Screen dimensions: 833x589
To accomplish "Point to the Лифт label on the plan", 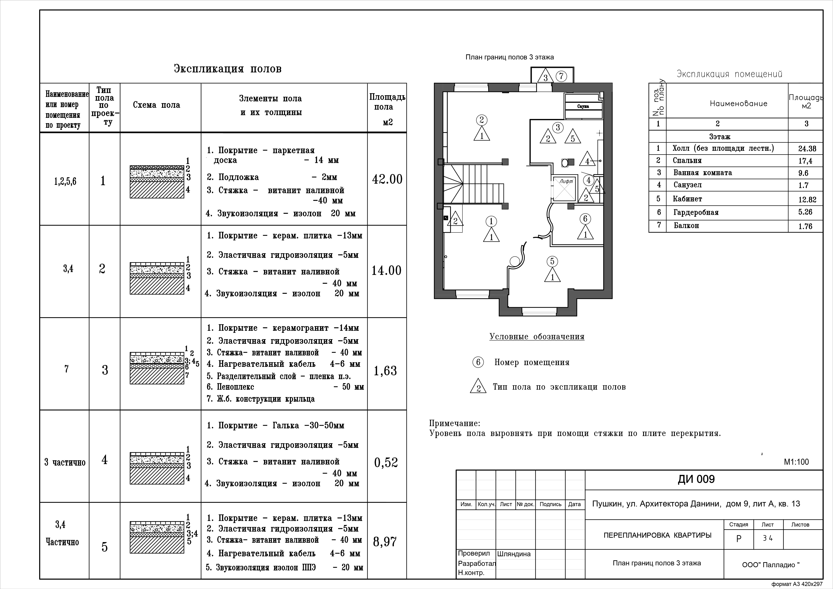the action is coord(566,181).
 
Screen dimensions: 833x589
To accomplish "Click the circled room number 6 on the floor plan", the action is coord(585,219).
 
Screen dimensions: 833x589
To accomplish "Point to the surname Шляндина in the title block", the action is coord(514,554).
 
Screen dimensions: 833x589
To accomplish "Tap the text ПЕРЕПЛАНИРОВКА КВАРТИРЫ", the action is coord(657,535).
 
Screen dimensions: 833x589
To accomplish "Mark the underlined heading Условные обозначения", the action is coord(537,337).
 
